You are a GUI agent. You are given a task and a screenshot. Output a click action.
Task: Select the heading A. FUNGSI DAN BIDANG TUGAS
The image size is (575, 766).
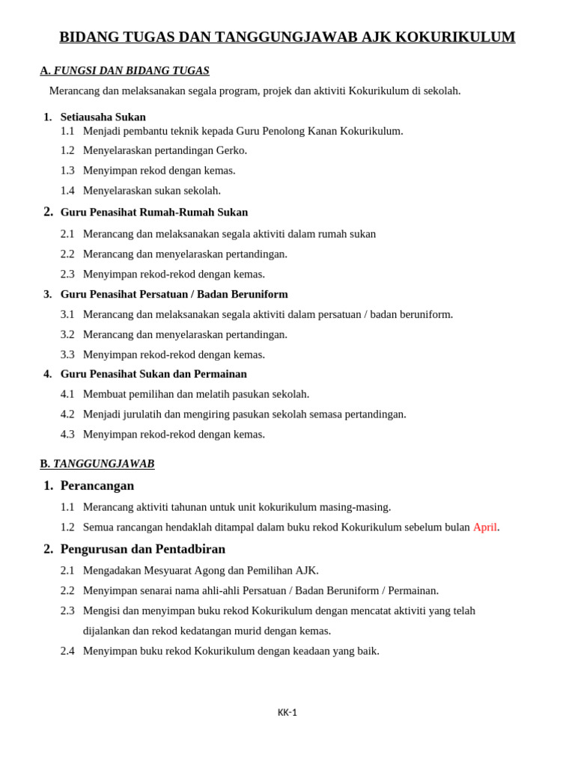[x=124, y=70]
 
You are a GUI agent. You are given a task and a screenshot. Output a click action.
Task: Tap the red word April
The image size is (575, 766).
[x=484, y=527]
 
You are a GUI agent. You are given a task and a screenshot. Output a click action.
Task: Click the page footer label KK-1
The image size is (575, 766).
[x=287, y=712]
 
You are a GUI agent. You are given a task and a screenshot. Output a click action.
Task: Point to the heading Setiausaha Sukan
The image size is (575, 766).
[x=103, y=117]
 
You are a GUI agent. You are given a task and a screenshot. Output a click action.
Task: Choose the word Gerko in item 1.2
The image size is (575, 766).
[x=230, y=150]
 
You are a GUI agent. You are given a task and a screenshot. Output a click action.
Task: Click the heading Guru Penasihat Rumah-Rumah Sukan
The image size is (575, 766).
[x=153, y=212]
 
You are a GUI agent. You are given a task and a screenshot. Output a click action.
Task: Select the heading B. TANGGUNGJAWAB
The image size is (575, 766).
[x=97, y=464]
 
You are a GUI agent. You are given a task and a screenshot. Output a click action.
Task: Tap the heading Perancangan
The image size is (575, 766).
[x=97, y=485]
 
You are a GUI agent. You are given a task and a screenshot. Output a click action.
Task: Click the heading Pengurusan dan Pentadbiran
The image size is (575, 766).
[x=142, y=549]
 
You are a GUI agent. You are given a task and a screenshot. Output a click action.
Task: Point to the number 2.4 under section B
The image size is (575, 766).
[x=67, y=651]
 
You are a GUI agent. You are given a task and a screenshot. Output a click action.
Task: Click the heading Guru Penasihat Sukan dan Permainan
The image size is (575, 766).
[x=153, y=374]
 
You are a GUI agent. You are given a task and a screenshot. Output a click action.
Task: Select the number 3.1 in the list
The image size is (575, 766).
[x=67, y=314]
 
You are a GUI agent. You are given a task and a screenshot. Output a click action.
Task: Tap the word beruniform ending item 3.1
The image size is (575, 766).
[x=426, y=314]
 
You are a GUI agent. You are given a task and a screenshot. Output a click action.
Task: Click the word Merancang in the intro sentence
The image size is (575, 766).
[x=74, y=91]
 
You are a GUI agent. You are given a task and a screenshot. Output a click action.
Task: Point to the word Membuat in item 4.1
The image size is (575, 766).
[x=103, y=394]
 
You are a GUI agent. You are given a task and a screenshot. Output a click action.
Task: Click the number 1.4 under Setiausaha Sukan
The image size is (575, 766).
[x=67, y=191]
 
